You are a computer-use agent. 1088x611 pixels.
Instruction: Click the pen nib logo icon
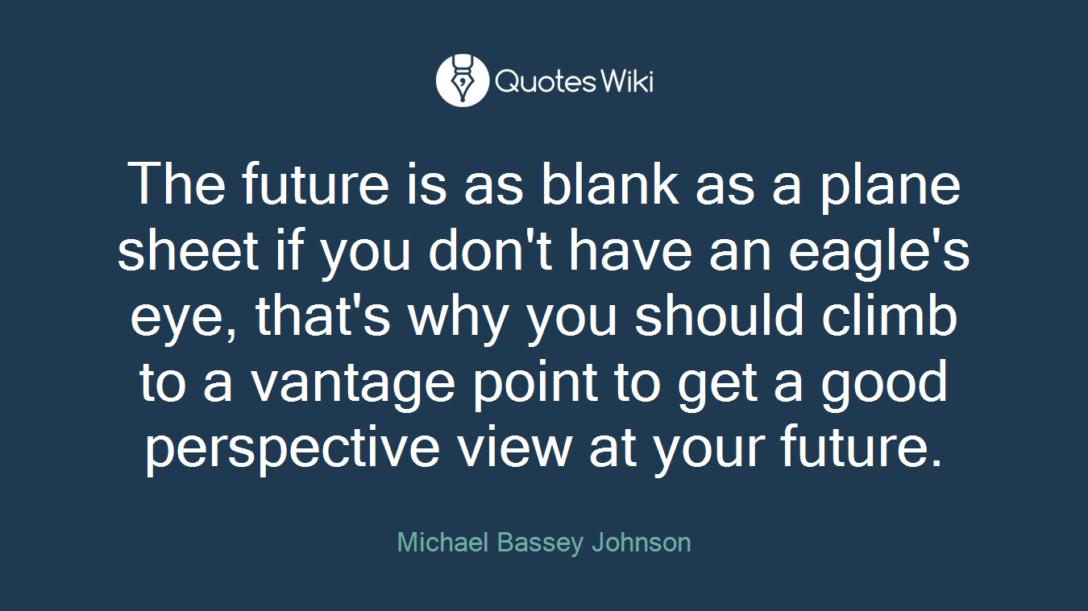pos(462,80)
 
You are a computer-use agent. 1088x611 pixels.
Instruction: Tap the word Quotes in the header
pos(545,81)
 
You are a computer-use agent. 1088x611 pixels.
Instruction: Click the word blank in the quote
pos(610,185)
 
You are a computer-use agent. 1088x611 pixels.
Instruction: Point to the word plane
pos(891,188)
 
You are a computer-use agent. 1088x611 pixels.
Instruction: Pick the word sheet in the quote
pos(188,250)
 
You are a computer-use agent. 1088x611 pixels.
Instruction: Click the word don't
pos(490,250)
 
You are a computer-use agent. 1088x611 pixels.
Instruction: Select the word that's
pos(323,316)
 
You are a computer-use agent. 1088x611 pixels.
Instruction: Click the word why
pos(458,319)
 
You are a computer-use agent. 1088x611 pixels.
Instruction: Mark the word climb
pos(890,316)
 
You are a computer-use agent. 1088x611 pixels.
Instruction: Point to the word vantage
pos(353,384)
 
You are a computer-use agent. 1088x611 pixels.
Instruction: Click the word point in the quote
pos(535,384)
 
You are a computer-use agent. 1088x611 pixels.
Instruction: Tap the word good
pos(884,384)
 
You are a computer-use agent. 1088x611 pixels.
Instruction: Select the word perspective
pos(293,450)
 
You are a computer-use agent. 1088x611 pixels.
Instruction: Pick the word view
pos(514,447)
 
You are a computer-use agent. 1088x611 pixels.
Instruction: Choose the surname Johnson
pos(642,542)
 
